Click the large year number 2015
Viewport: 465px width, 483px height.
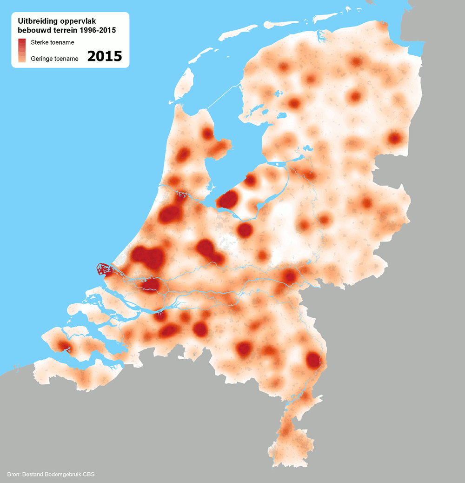click(105, 56)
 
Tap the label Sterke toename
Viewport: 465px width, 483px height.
click(53, 42)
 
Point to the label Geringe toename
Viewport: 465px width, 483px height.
click(54, 59)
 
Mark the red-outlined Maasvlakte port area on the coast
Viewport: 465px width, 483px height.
click(103, 269)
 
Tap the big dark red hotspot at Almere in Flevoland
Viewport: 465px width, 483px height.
click(228, 200)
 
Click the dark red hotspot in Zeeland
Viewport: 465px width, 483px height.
click(62, 346)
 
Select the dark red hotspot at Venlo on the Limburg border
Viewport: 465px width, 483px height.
click(313, 360)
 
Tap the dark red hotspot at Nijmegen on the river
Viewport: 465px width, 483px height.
click(291, 277)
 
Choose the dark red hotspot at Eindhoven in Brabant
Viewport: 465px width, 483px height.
click(244, 349)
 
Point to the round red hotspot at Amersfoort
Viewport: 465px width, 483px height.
click(245, 229)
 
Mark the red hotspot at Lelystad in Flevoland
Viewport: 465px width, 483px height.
click(251, 180)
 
